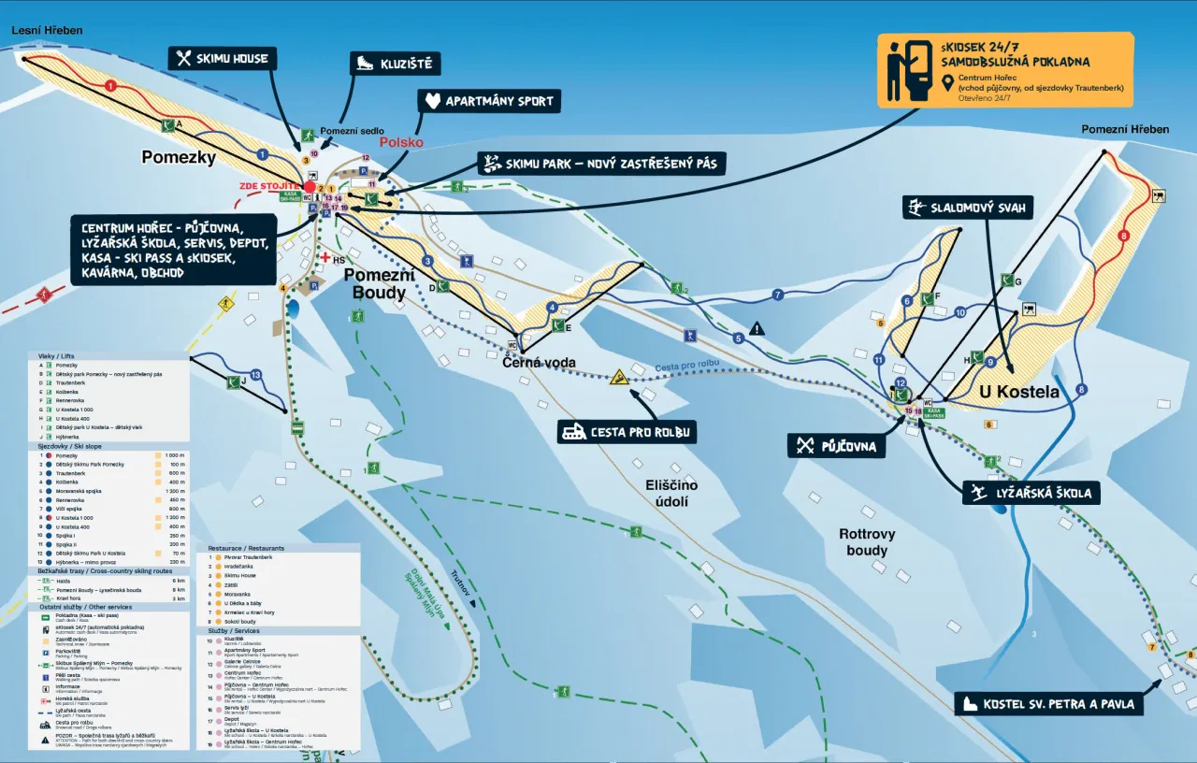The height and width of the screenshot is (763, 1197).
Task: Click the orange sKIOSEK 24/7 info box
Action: click(x=1004, y=69)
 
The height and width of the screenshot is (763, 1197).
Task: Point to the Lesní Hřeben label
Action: click(x=47, y=30)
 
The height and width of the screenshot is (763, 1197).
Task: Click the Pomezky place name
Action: click(x=179, y=157)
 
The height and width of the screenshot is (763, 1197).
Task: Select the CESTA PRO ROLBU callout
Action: click(x=627, y=432)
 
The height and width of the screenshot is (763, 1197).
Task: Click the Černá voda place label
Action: click(x=539, y=362)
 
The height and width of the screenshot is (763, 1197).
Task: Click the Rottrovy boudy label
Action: click(x=866, y=542)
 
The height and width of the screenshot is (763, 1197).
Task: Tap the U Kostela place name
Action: click(x=1019, y=392)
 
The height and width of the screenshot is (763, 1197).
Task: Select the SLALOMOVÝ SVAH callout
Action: click(x=968, y=207)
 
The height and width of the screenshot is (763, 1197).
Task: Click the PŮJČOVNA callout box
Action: click(x=836, y=446)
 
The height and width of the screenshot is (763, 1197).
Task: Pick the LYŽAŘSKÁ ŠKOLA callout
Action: click(x=1031, y=493)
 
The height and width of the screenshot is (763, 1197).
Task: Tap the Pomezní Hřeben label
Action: click(x=1124, y=129)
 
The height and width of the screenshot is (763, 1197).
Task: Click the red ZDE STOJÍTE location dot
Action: click(x=310, y=187)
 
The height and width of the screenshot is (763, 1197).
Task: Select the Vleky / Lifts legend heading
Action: click(x=56, y=355)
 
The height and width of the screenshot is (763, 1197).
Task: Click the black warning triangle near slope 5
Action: click(x=757, y=328)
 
